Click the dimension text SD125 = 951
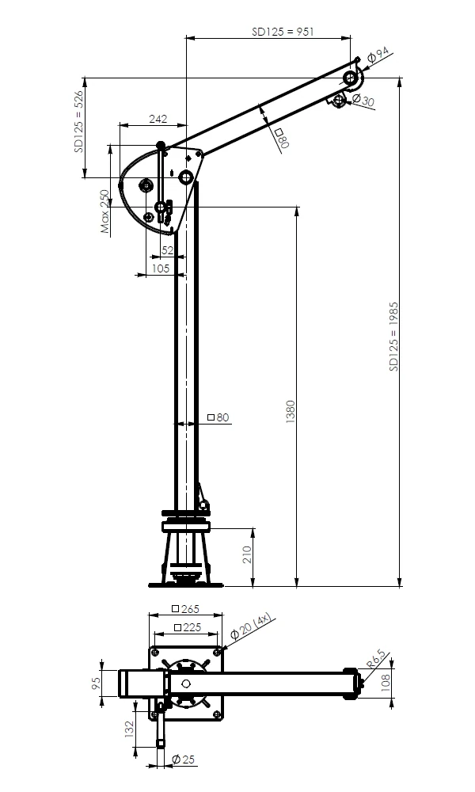pos(283,32)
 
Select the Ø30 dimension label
pos(363,100)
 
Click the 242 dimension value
pos(158,119)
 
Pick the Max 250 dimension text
pos(104,211)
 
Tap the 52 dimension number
pos(167,250)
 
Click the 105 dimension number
pos(161,268)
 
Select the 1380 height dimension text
pos(291,411)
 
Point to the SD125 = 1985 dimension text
pos(393,337)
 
